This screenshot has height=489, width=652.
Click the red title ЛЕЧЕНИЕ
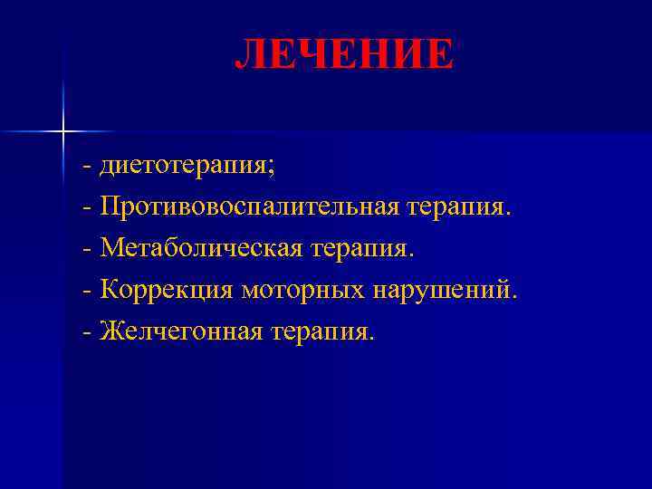coord(344,54)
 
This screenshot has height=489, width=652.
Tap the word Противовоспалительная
coord(249,208)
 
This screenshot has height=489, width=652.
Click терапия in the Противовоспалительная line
coord(455,208)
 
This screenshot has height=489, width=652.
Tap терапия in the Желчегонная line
coord(321,331)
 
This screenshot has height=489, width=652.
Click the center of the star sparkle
coord(63,132)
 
